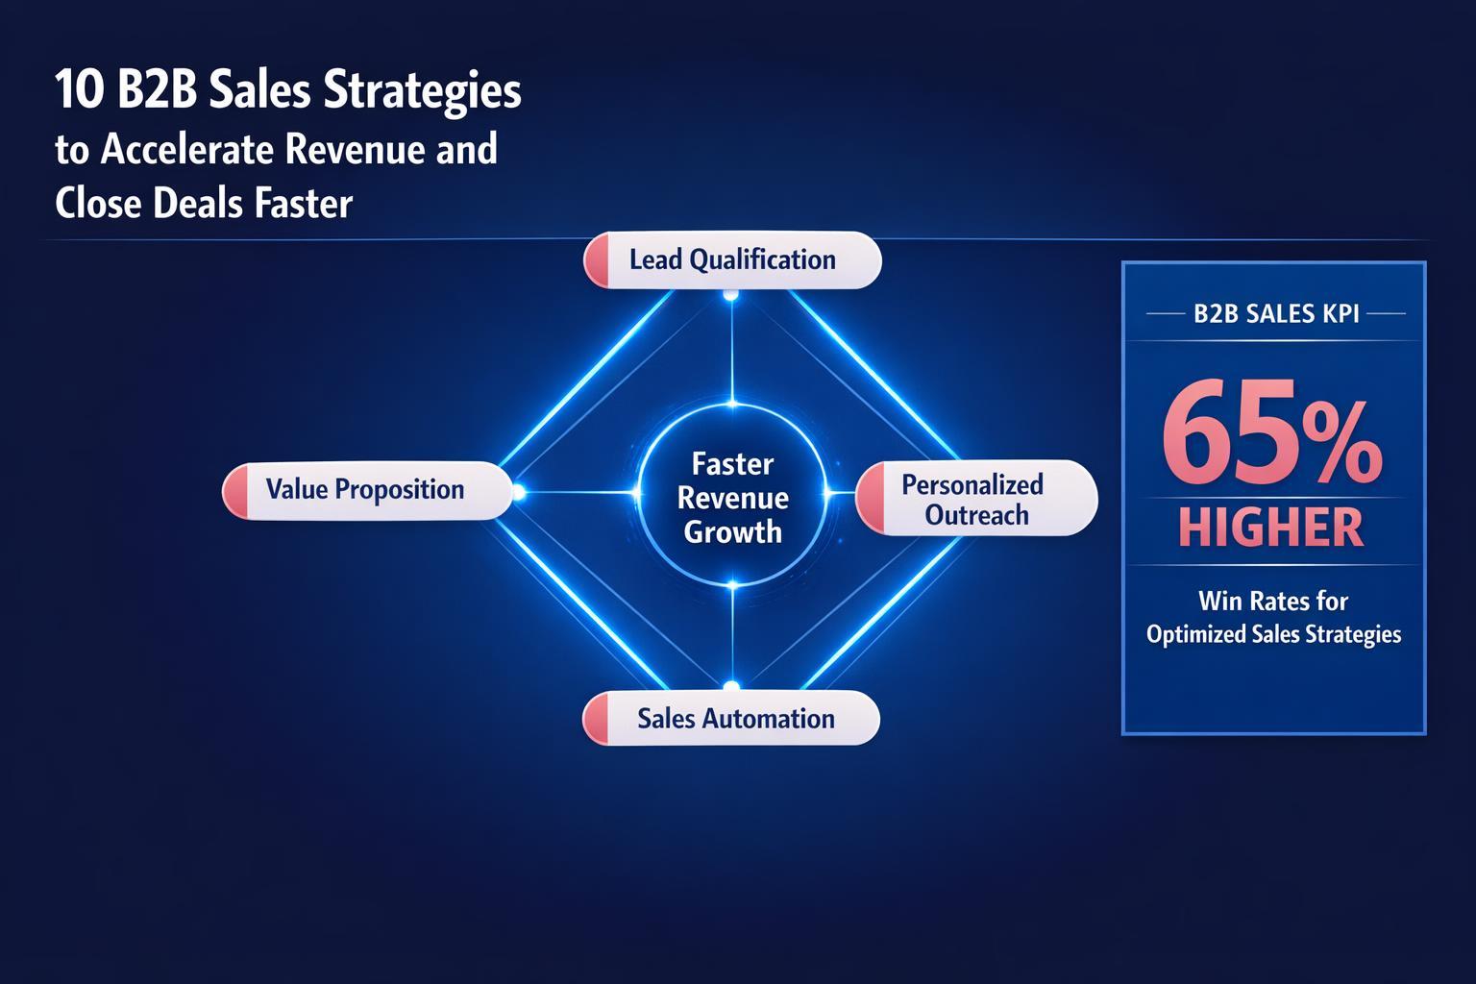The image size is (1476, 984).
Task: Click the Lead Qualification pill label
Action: (x=732, y=259)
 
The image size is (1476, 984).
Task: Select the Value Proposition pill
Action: (x=365, y=490)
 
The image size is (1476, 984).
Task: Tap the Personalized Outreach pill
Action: (x=976, y=499)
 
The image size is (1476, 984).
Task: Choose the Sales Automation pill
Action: (x=735, y=719)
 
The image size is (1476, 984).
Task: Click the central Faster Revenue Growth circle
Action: (x=732, y=498)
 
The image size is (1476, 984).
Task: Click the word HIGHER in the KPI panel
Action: (x=1272, y=528)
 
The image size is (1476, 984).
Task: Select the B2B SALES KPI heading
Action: (x=1275, y=314)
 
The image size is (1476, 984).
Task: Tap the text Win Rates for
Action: (x=1273, y=602)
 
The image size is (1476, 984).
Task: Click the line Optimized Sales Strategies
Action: (x=1273, y=634)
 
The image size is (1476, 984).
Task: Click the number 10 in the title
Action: (x=74, y=93)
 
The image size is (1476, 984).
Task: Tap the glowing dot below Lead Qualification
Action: (x=730, y=295)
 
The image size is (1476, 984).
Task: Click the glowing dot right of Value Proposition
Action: (x=519, y=493)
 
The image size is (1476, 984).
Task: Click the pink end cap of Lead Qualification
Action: (x=597, y=259)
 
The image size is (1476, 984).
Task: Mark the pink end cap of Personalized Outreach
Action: (x=870, y=498)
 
